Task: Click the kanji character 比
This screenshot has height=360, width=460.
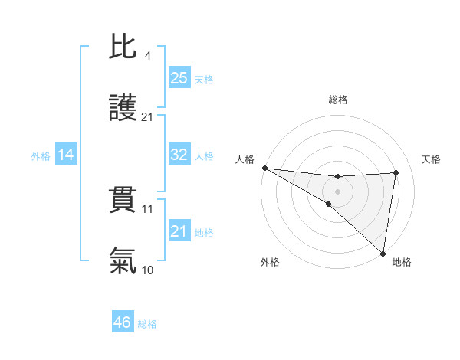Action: point(123,48)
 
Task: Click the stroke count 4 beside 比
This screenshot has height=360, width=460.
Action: point(147,55)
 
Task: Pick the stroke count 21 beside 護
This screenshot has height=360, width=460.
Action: point(147,117)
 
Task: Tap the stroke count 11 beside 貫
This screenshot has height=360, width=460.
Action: point(147,208)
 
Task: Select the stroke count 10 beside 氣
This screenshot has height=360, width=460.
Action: point(147,270)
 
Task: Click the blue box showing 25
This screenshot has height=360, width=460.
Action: point(179,77)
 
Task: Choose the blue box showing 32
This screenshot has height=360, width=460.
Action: point(179,155)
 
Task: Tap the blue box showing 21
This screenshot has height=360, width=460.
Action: point(179,231)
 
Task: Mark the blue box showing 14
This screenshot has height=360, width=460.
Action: point(66,155)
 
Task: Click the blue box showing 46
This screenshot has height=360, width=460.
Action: point(123,322)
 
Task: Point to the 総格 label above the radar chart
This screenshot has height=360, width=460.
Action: point(338,100)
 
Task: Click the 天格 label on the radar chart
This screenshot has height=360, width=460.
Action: point(431,159)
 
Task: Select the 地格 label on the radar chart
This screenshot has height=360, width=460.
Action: point(402,262)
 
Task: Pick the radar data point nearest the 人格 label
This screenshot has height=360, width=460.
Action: point(264,167)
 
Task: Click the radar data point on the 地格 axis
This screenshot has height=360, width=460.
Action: point(382,253)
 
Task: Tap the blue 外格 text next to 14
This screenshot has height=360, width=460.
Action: point(41,155)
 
